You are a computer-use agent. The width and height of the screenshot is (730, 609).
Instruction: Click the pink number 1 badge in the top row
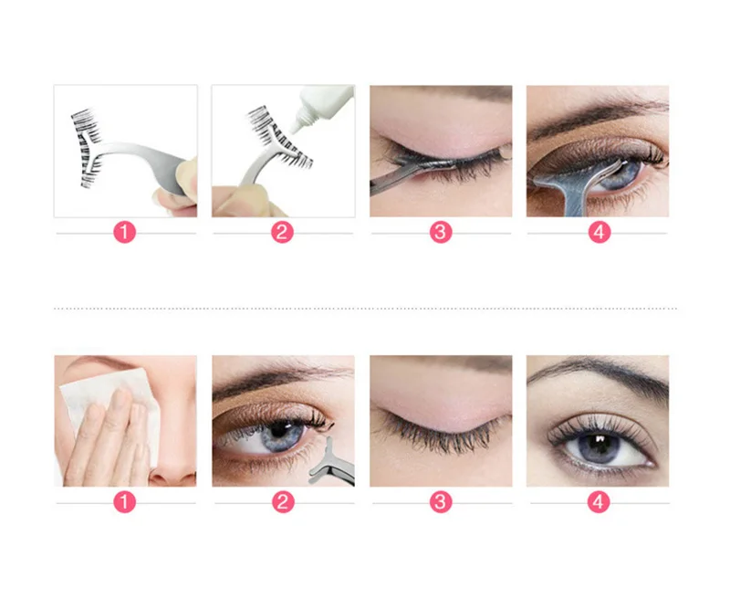124,232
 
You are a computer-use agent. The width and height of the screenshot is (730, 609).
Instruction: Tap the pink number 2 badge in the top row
282,232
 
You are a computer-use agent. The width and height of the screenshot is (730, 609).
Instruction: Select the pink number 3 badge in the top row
441,232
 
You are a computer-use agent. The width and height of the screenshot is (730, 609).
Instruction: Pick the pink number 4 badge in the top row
600,232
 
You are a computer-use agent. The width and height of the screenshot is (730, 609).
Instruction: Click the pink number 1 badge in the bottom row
124,502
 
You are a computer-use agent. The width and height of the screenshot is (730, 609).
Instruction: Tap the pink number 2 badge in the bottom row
283,502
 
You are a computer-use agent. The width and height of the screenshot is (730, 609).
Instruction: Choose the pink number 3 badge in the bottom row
441,502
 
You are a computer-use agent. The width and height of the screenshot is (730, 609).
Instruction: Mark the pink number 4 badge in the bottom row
599,502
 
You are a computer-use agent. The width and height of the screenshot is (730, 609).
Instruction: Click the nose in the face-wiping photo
175,461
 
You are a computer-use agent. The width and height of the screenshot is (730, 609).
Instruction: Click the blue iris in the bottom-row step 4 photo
598,446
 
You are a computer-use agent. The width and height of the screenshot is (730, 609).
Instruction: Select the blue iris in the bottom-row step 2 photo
280,435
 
